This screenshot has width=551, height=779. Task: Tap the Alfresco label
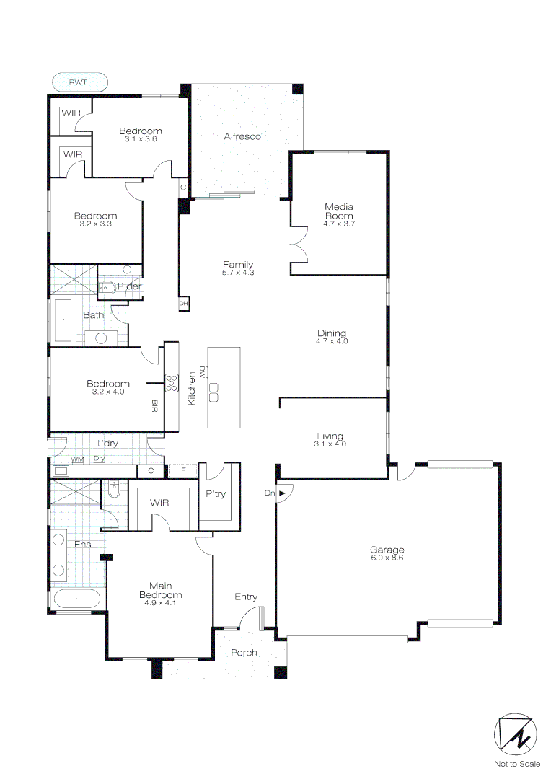coord(242,136)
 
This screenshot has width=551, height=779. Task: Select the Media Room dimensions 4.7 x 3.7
coord(338,224)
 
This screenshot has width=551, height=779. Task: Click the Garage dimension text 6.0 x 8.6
coord(387,558)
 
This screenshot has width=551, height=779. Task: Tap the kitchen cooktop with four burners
coord(172,382)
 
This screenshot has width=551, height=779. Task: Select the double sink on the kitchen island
coord(213,392)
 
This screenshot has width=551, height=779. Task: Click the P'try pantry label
coord(216,495)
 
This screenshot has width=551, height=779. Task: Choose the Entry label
coord(246,597)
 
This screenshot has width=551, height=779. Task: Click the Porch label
coord(244,653)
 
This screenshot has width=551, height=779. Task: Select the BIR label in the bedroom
coord(154,407)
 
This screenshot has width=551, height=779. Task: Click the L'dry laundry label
coord(107,444)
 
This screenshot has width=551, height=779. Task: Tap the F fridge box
coord(183,471)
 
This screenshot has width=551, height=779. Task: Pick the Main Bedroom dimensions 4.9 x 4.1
coord(160,596)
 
